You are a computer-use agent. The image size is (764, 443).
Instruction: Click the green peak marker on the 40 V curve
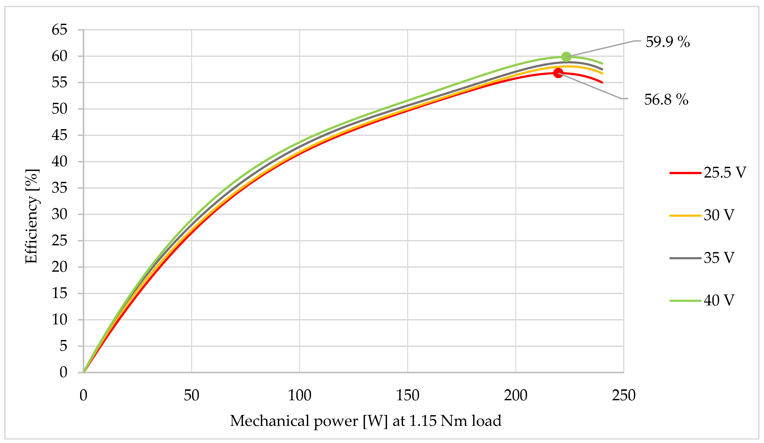tap(566, 57)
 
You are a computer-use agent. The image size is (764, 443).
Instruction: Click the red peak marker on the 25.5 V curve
tap(558, 73)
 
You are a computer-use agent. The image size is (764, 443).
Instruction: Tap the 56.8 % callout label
tap(666, 100)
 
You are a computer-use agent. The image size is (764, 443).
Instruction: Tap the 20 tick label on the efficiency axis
tap(59, 267)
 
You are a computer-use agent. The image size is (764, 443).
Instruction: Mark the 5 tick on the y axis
tap(63, 346)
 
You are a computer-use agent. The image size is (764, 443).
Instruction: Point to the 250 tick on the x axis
tap(623, 395)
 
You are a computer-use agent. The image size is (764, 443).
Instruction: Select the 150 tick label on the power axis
tap(408, 395)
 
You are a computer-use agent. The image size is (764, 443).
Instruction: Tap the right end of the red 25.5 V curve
tap(602, 82)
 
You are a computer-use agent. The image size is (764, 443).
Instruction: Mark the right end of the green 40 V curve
tap(602, 64)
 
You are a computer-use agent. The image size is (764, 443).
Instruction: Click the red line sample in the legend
tap(685, 173)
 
